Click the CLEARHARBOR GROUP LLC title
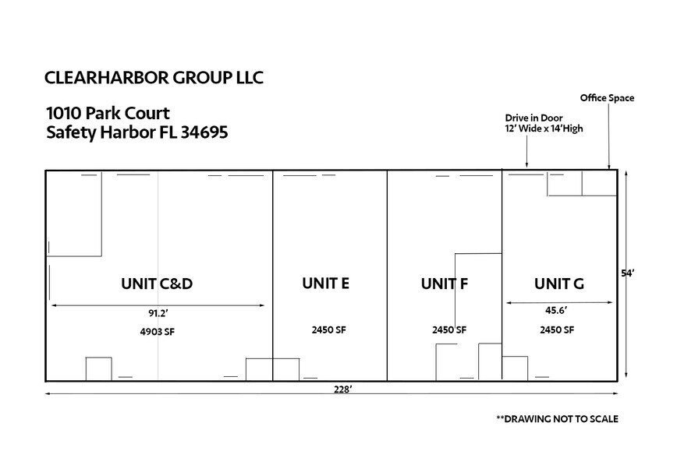[x=154, y=78]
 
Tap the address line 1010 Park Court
[x=108, y=114]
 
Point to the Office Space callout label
[x=607, y=98]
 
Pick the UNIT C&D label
[x=157, y=284]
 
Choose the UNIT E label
[x=325, y=284]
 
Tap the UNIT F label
[x=444, y=284]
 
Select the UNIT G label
[x=558, y=284]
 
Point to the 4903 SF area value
[x=157, y=330]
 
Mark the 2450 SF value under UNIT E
[x=328, y=329]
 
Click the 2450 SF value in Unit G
[x=557, y=329]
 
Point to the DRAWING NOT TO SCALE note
[x=557, y=419]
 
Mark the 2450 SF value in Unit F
[x=449, y=329]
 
